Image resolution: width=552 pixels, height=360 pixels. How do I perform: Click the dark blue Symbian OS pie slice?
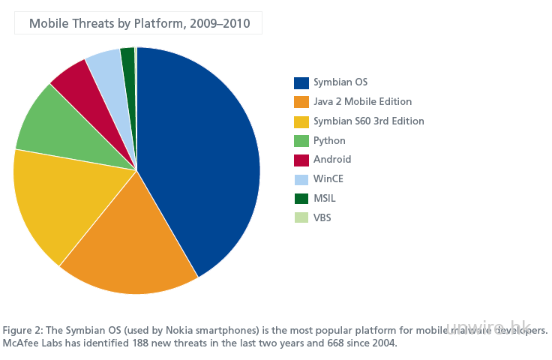click(202, 157)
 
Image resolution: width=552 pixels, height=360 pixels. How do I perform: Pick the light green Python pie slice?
click(56, 124)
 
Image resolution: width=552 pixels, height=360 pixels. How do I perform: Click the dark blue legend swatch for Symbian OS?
click(301, 82)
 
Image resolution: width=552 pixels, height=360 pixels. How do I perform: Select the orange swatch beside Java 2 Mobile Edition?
click(301, 102)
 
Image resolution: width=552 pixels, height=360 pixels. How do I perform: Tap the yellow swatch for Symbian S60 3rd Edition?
click(301, 121)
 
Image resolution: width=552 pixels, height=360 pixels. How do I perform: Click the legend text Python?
click(329, 140)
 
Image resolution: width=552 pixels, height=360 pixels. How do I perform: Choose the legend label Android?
click(333, 160)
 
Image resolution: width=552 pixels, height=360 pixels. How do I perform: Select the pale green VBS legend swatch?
click(301, 218)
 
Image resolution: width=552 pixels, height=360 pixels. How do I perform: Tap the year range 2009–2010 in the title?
click(223, 24)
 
